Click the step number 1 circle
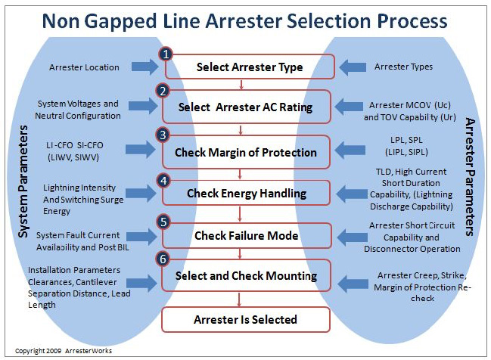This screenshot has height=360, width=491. click(166, 54)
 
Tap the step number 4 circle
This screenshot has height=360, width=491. click(163, 181)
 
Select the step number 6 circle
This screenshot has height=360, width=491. click(163, 259)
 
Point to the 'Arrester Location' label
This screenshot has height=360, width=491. click(84, 67)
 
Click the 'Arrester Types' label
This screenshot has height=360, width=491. click(404, 67)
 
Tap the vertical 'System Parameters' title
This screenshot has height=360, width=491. click(23, 182)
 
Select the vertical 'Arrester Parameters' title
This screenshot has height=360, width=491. click(470, 177)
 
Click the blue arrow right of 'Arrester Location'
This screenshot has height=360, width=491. click(145, 67)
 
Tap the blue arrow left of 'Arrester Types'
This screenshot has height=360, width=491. click(353, 67)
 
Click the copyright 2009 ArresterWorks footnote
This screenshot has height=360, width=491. click(64, 351)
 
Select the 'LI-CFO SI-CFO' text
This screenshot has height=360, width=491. click(75, 145)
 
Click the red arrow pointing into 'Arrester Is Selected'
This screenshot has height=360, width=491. click(239, 299)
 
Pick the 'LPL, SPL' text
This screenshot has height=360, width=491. click(406, 140)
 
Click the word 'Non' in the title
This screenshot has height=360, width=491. click(61, 21)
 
